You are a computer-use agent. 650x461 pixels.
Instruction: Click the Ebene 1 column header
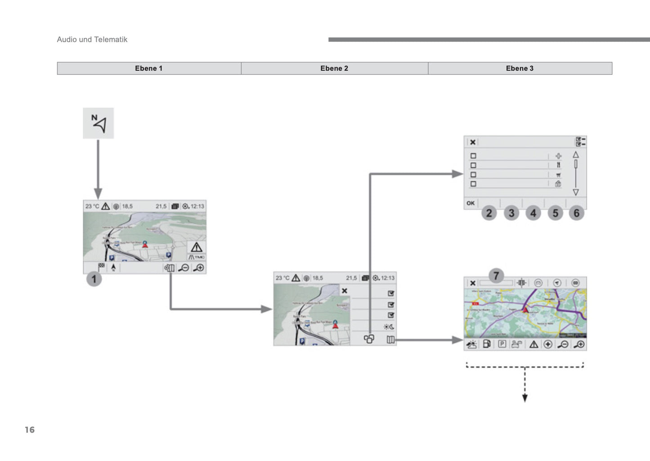(149, 68)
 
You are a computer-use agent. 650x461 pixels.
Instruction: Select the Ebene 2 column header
(334, 68)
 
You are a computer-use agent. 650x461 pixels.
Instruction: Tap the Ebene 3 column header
(520, 68)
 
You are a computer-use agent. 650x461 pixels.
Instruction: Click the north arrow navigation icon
(99, 123)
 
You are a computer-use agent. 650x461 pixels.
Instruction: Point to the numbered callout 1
(94, 279)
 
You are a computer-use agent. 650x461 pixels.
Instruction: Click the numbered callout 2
(489, 213)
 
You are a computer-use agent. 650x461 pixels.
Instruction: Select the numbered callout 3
(511, 213)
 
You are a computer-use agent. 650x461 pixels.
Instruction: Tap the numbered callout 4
(533, 213)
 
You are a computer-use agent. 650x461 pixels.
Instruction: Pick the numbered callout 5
(555, 213)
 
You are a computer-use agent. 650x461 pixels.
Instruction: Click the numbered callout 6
(577, 213)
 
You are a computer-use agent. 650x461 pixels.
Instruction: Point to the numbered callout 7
(496, 275)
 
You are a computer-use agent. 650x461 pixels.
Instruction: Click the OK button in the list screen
(471, 203)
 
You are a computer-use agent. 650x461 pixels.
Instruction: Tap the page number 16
(30, 430)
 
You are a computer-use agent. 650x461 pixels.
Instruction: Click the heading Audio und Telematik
(92, 40)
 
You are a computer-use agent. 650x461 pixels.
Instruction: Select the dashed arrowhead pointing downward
(524, 398)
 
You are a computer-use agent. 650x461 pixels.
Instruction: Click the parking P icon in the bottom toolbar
(502, 345)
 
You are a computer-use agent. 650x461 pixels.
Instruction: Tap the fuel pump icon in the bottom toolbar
(487, 345)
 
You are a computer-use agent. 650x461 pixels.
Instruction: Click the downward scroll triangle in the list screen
(576, 192)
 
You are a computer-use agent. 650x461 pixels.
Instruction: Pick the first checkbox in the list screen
(473, 156)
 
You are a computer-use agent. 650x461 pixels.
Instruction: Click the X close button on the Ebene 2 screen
(345, 291)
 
